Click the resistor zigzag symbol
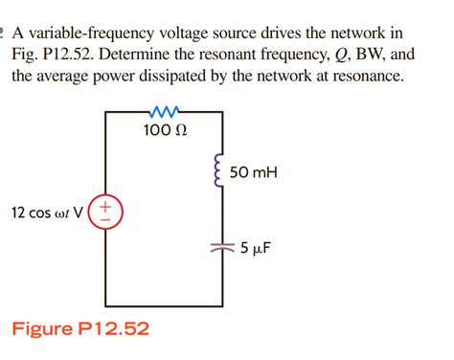[x=164, y=112]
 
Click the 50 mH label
[x=253, y=172]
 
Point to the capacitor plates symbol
[x=222, y=247]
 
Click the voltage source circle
[x=105, y=211]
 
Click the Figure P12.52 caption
[x=80, y=329]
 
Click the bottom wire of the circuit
[x=164, y=302]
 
